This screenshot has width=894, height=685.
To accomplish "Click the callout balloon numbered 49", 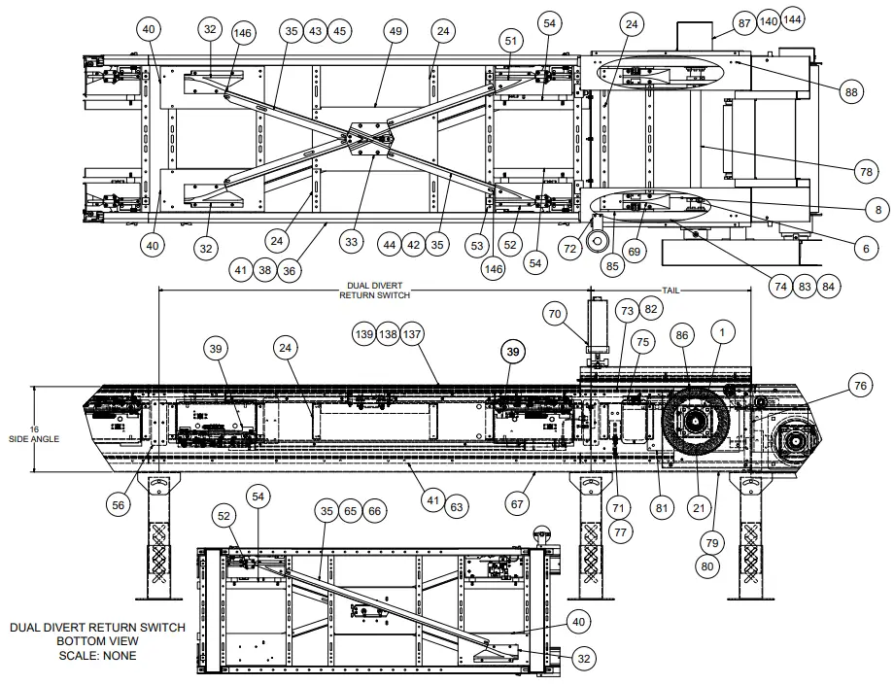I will click(x=395, y=30).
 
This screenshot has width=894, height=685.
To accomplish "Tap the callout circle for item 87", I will click(x=743, y=21).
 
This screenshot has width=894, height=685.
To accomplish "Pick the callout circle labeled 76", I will click(x=858, y=386).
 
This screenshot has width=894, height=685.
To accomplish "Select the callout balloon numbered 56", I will click(x=119, y=504).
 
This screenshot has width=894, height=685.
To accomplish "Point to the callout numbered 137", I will click(x=413, y=334).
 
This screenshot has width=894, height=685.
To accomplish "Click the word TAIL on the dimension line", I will click(x=671, y=291).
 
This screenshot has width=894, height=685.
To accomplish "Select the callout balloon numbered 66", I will click(x=374, y=509).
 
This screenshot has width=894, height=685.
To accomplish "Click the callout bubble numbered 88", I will click(x=851, y=92).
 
